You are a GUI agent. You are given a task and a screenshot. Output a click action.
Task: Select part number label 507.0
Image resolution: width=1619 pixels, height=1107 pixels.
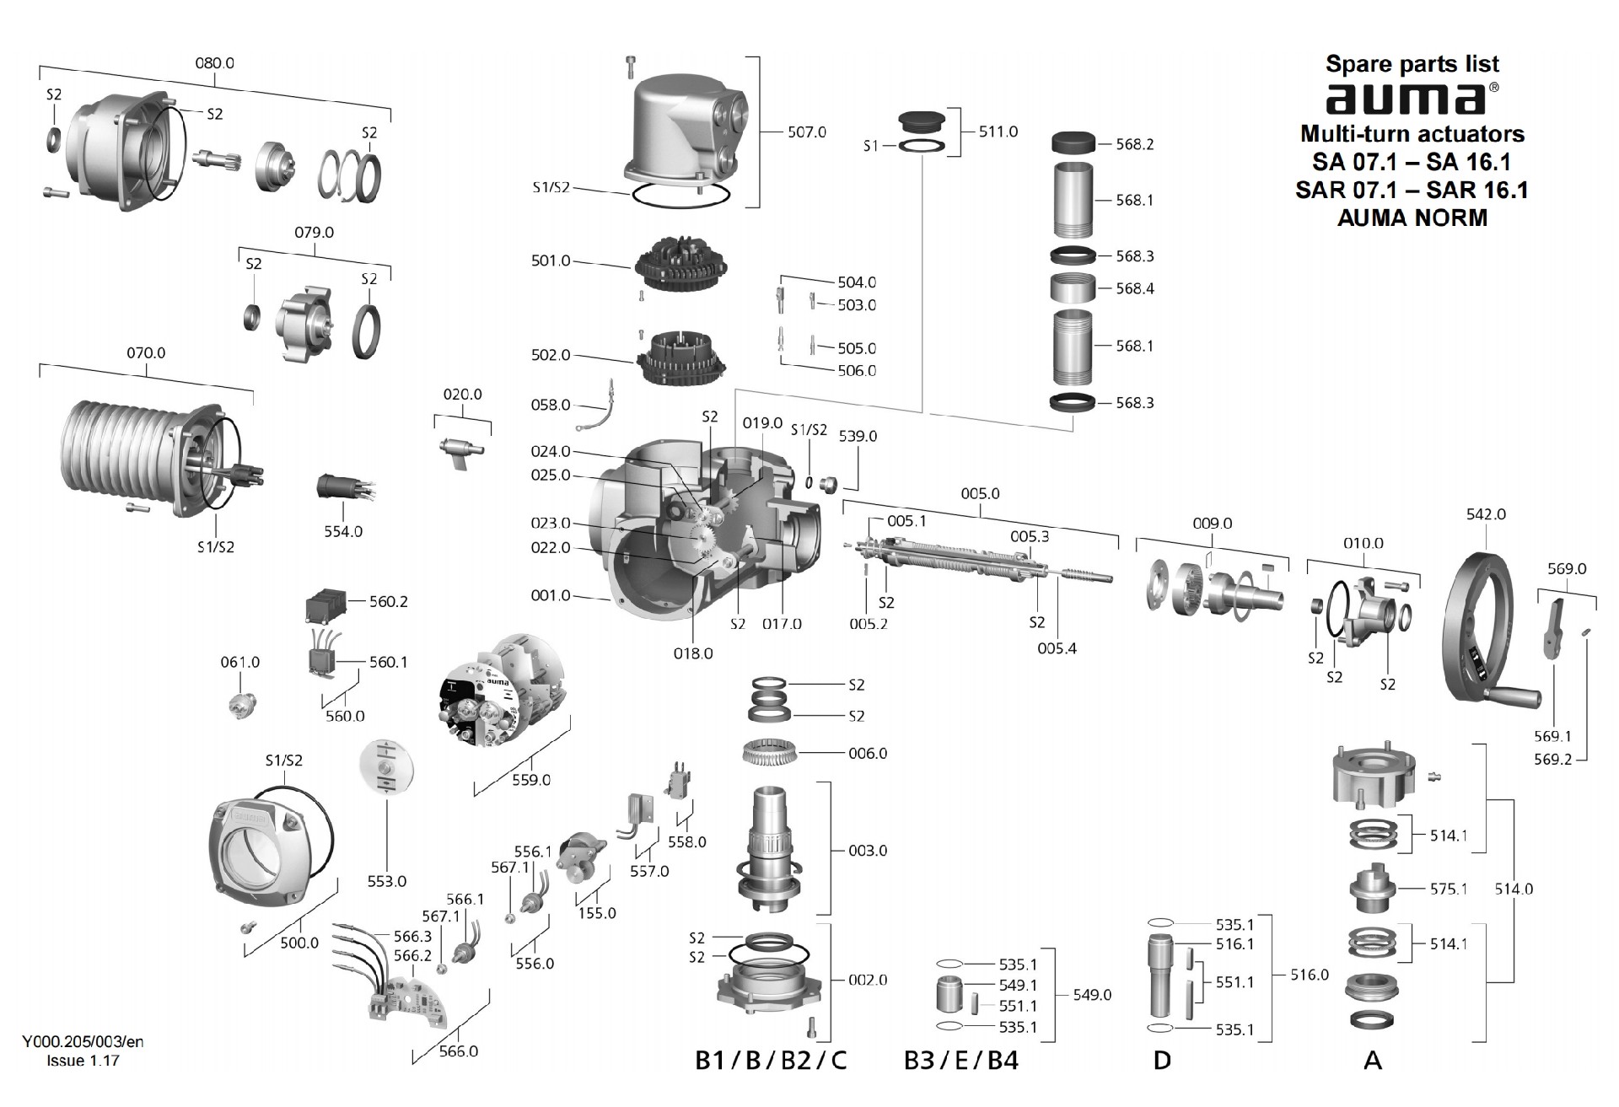click(806, 132)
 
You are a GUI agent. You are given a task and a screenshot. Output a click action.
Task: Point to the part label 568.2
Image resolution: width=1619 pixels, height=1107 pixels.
click(1134, 144)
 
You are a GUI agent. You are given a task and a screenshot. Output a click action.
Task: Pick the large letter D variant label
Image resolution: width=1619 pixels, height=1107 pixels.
click(1162, 1060)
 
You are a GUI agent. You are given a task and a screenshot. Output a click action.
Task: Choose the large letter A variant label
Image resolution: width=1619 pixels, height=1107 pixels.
click(1372, 1060)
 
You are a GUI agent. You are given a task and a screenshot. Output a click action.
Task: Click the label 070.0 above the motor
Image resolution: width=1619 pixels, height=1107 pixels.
click(146, 353)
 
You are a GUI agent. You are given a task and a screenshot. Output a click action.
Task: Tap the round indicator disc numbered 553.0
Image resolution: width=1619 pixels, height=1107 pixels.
click(388, 768)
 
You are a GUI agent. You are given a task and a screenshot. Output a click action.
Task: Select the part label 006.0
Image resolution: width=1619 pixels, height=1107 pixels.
click(868, 754)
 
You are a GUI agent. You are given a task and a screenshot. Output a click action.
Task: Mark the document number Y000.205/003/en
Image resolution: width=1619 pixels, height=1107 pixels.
click(83, 1042)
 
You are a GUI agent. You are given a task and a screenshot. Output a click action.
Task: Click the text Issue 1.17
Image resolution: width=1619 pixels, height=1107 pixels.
click(83, 1061)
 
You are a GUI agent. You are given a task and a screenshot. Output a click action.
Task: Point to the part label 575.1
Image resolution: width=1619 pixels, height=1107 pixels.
click(1448, 889)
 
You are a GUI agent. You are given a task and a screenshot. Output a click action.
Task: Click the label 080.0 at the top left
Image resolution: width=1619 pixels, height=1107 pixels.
click(214, 63)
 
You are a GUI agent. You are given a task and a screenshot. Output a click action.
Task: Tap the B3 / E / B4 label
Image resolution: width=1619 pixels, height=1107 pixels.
click(960, 1060)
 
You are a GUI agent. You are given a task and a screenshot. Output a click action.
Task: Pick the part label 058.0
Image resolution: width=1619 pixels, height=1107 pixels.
click(551, 406)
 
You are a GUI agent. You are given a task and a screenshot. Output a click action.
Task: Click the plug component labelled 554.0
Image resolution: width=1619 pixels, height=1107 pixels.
click(335, 487)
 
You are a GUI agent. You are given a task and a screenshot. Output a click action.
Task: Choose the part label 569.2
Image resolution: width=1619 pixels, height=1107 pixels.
click(1552, 760)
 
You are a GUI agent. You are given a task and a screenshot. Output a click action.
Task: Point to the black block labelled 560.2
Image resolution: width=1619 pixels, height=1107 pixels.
click(325, 605)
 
